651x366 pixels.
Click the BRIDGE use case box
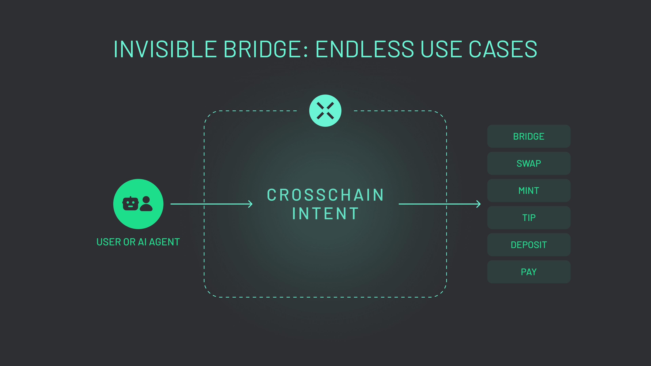click(529, 136)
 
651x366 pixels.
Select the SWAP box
click(529, 163)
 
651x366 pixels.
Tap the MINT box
click(529, 190)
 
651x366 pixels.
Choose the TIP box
click(529, 217)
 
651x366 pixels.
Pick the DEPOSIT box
click(529, 245)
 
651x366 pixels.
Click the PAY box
click(529, 272)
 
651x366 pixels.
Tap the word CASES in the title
click(503, 49)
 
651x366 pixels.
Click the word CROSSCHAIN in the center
click(325, 195)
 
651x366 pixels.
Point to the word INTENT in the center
click(325, 214)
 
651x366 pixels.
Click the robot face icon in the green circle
click(130, 204)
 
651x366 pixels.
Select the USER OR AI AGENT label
click(138, 242)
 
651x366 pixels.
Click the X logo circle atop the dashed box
click(325, 111)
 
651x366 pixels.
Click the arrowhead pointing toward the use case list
click(478, 204)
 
